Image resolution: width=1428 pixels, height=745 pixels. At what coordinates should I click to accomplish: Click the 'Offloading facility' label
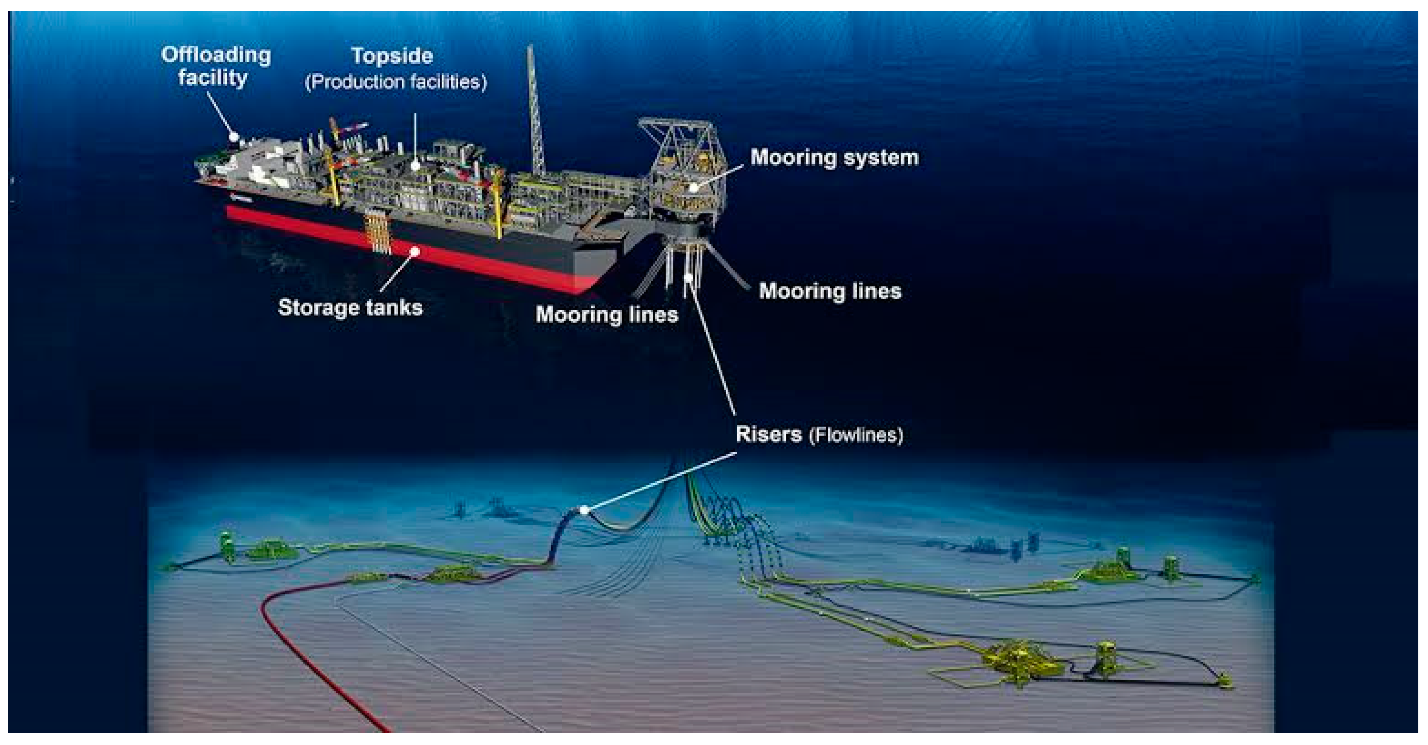tap(215, 66)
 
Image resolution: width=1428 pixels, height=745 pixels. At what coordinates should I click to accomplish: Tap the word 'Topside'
tap(391, 55)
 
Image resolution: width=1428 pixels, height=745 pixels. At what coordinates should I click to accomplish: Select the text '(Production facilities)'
tap(395, 82)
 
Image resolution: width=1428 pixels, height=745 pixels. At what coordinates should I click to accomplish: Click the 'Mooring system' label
tap(834, 158)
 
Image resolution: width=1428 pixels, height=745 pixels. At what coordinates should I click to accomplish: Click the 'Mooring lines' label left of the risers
tap(606, 314)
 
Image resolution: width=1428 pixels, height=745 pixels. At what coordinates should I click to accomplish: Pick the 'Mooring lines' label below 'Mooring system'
tap(829, 291)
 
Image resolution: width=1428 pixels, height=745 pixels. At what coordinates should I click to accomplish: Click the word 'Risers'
tap(768, 434)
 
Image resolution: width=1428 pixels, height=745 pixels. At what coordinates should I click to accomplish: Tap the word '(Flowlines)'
tap(856, 435)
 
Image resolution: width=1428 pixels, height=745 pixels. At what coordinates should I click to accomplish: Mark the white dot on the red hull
tap(414, 252)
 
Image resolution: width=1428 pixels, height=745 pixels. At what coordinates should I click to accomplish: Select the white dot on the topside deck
tap(415, 165)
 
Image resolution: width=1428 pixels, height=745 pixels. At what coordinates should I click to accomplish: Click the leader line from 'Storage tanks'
tap(397, 272)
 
